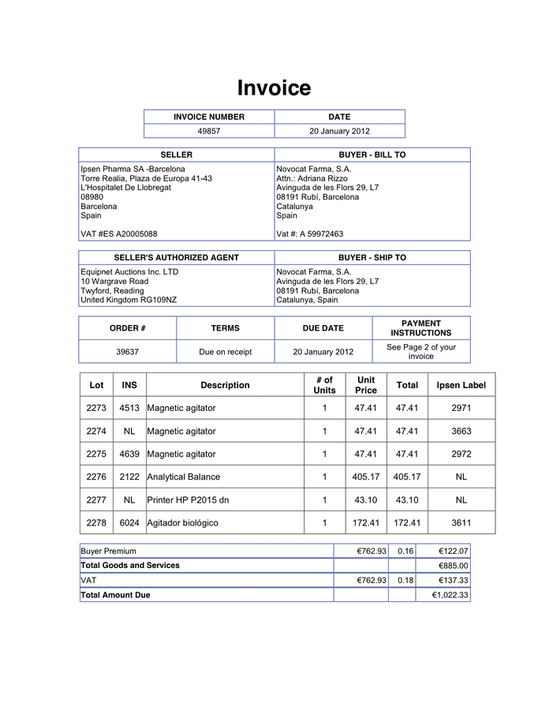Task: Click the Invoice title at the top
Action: [x=274, y=88]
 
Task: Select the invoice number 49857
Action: [x=208, y=131]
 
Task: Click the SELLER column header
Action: [x=176, y=155]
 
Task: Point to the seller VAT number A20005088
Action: [x=118, y=234]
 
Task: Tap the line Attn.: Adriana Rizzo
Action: [x=312, y=178]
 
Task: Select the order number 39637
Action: [x=127, y=352]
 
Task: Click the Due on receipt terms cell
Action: [x=225, y=352]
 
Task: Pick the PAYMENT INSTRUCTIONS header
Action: [x=420, y=328]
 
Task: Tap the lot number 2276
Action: [x=96, y=476]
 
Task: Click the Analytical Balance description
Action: [x=184, y=476]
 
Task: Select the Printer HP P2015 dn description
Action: [x=189, y=499]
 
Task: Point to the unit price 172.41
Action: [x=366, y=522]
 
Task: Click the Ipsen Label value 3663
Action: [x=461, y=431]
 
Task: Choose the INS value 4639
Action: [x=129, y=454]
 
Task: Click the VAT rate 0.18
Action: [x=405, y=580]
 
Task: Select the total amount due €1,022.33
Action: [x=450, y=595]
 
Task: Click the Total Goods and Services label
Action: [x=130, y=565]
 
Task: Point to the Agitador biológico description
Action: [x=182, y=522]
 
